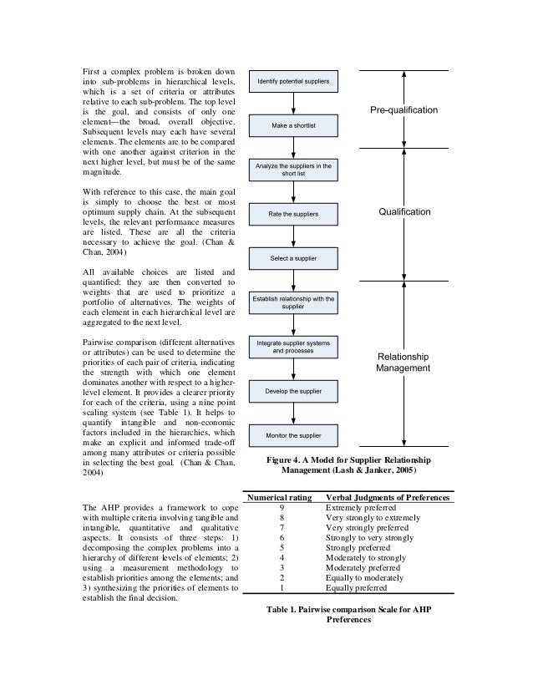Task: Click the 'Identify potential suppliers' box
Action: click(292, 80)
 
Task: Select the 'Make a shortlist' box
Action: click(292, 124)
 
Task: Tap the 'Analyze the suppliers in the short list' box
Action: click(292, 170)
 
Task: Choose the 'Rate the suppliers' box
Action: click(292, 215)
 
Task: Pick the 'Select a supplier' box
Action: click(292, 258)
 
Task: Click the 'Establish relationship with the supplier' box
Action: click(292, 302)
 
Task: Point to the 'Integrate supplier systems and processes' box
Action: click(292, 347)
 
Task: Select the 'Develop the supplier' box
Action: click(292, 390)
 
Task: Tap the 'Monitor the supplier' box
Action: click(292, 435)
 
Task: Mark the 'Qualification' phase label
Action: click(404, 212)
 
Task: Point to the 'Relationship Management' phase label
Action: click(403, 362)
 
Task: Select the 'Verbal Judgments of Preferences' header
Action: click(388, 498)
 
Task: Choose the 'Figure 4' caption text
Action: click(352, 465)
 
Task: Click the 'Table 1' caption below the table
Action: click(350, 616)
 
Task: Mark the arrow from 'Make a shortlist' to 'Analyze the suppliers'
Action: click(292, 148)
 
